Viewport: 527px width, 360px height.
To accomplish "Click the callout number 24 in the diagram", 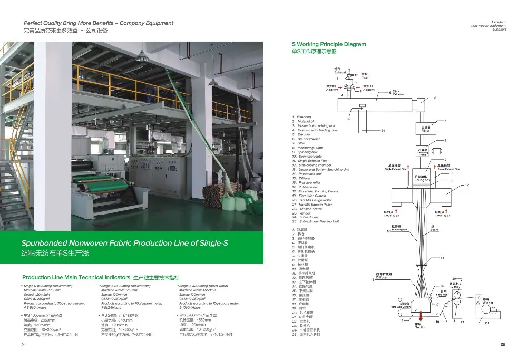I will click(383, 130).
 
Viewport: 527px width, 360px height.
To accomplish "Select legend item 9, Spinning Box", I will click(308, 152).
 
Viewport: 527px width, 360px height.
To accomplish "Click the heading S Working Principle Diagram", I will click(328, 44).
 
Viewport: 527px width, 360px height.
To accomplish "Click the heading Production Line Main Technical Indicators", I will click(76, 277).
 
